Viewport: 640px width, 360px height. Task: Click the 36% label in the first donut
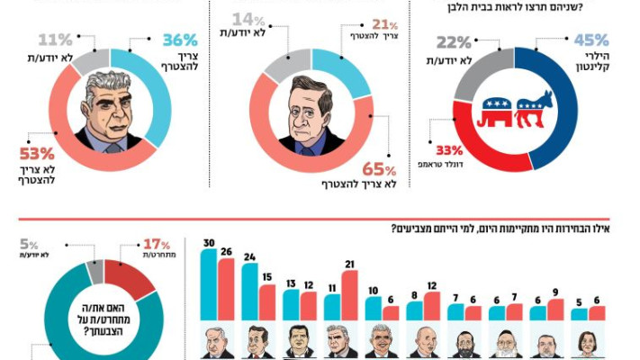click(179, 41)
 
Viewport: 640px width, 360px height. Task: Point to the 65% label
click(377, 169)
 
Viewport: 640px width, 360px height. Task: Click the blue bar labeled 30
click(209, 285)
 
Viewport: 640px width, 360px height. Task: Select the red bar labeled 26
click(226, 290)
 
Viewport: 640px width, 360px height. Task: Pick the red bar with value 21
click(349, 295)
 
